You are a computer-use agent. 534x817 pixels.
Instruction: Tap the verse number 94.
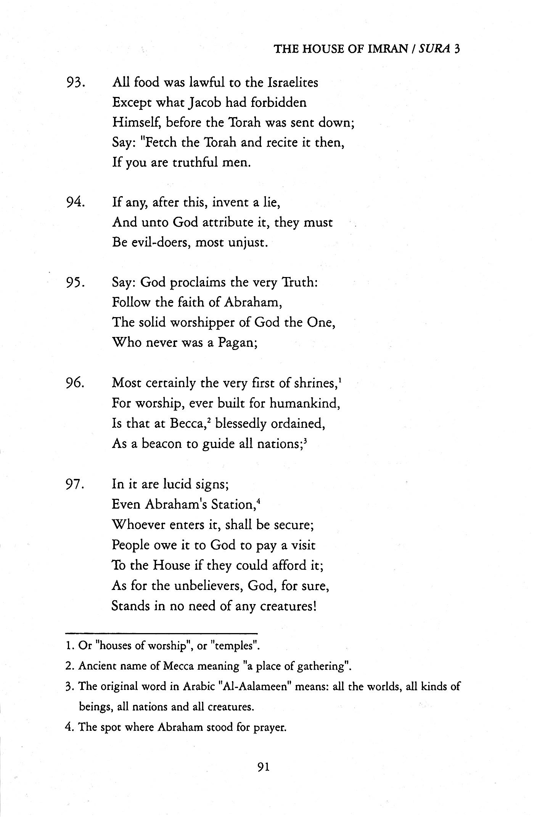pos(75,202)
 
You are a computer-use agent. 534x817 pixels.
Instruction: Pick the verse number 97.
pos(75,484)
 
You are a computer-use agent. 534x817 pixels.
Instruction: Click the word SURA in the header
pos(434,49)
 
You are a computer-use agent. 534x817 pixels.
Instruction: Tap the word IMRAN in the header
pos(388,49)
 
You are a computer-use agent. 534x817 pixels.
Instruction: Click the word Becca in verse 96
pos(183,424)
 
